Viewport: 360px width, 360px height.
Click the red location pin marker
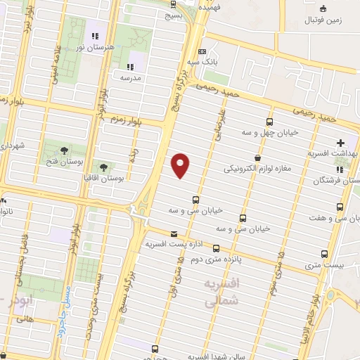(x=181, y=165)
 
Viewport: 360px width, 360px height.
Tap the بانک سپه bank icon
(x=202, y=51)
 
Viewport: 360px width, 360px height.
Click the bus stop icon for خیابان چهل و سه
(x=271, y=122)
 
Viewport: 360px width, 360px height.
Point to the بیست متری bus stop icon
(x=324, y=254)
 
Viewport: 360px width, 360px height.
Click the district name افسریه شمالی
(x=219, y=292)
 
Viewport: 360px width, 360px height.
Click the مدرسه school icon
(x=129, y=66)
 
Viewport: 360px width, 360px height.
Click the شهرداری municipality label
(x=13, y=146)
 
